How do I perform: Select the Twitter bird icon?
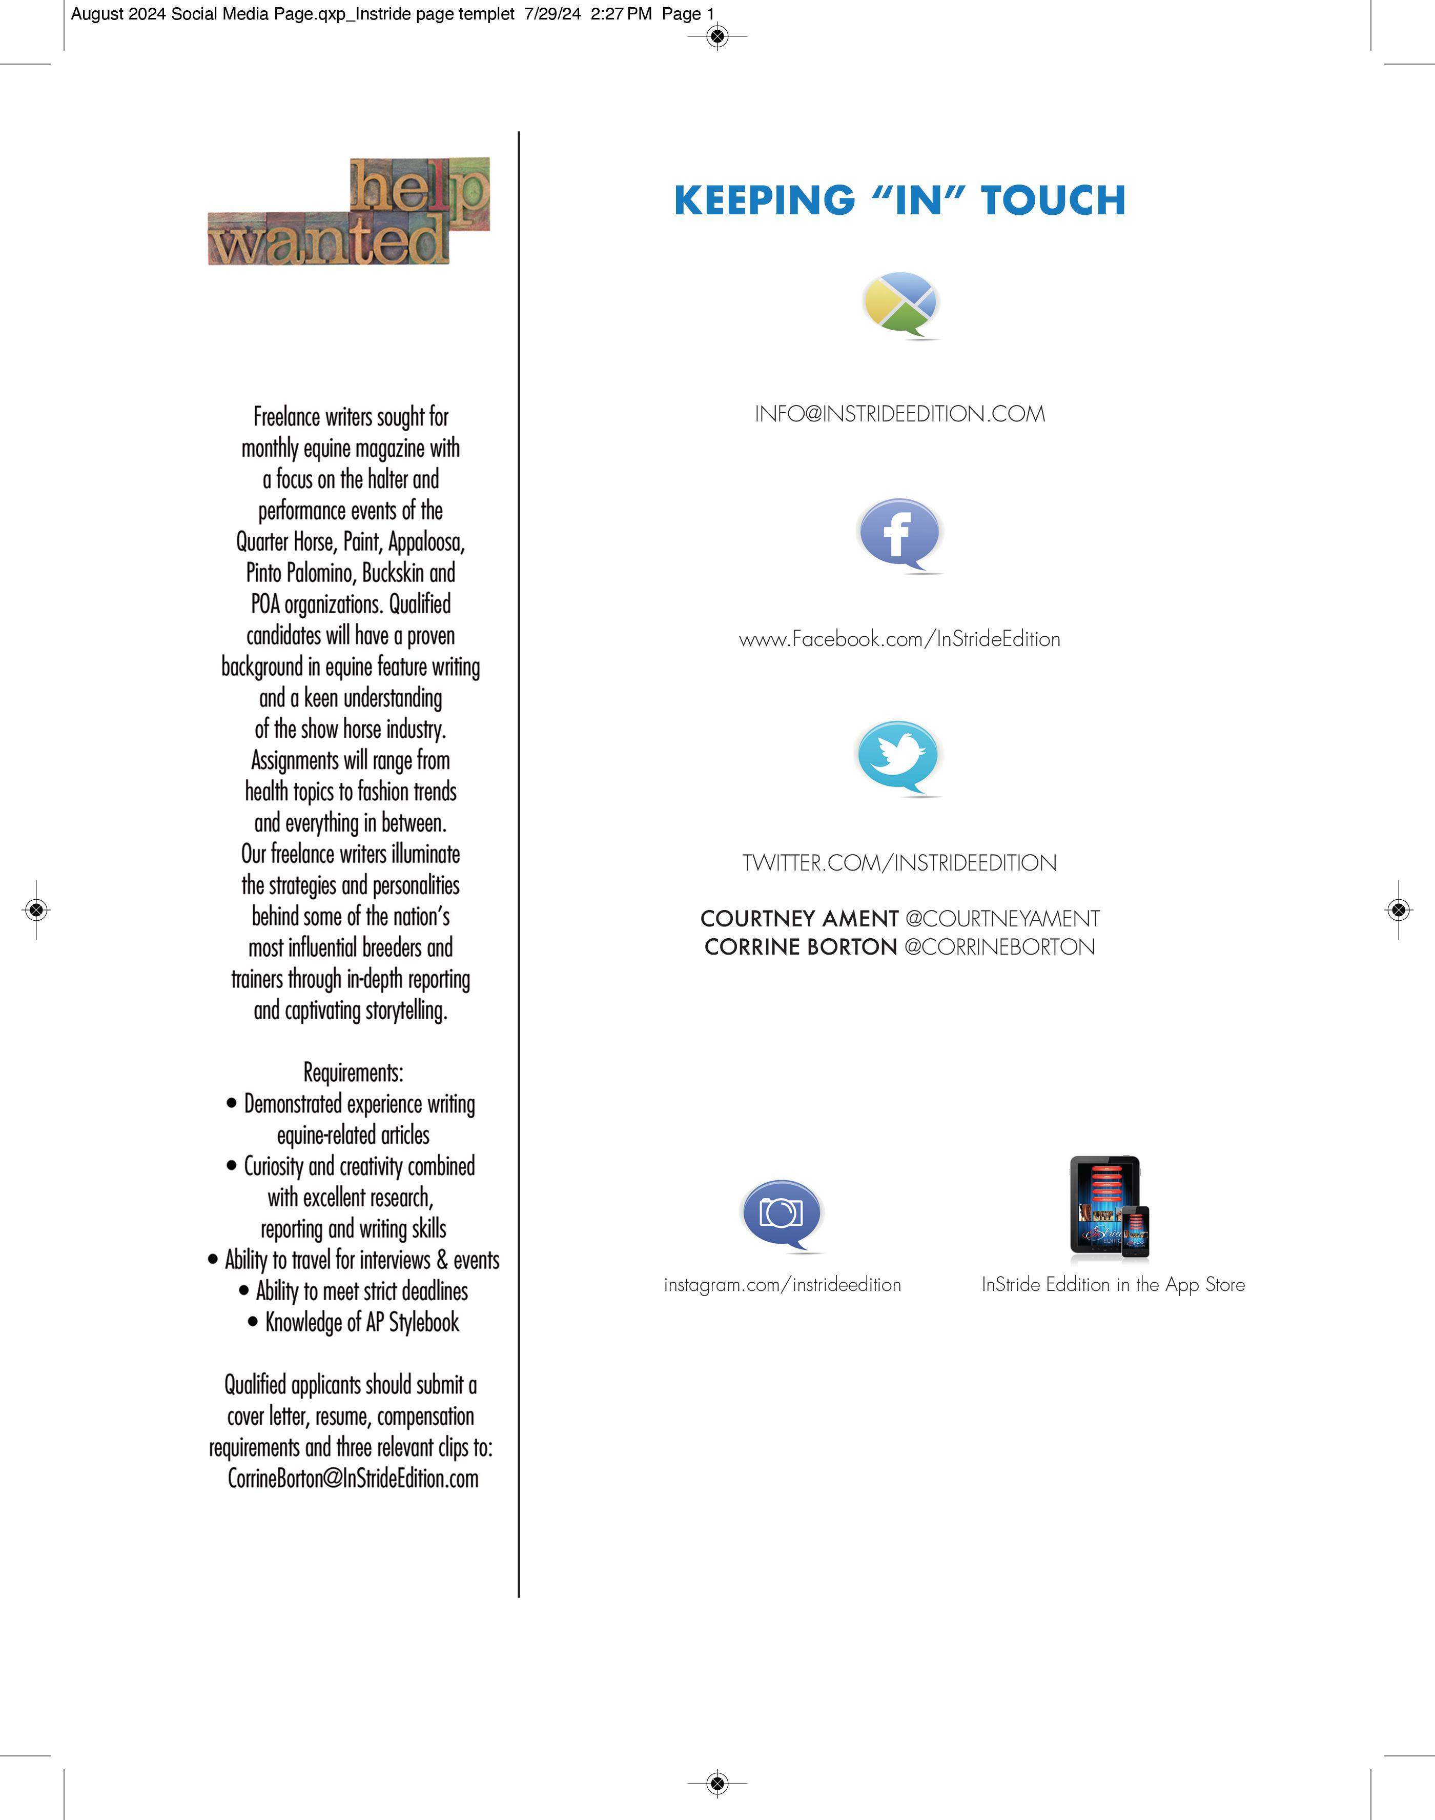point(897,756)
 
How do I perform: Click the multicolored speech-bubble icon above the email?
point(900,304)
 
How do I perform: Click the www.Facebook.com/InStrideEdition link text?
point(899,639)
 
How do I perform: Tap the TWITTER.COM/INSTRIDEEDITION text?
point(899,863)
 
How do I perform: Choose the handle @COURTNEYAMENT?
point(1002,918)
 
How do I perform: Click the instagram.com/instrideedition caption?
point(782,1285)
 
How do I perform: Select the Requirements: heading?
point(353,1073)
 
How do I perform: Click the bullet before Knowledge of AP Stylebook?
point(253,1322)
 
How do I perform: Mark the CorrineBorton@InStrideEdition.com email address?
point(353,1479)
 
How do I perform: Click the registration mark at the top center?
point(716,36)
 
